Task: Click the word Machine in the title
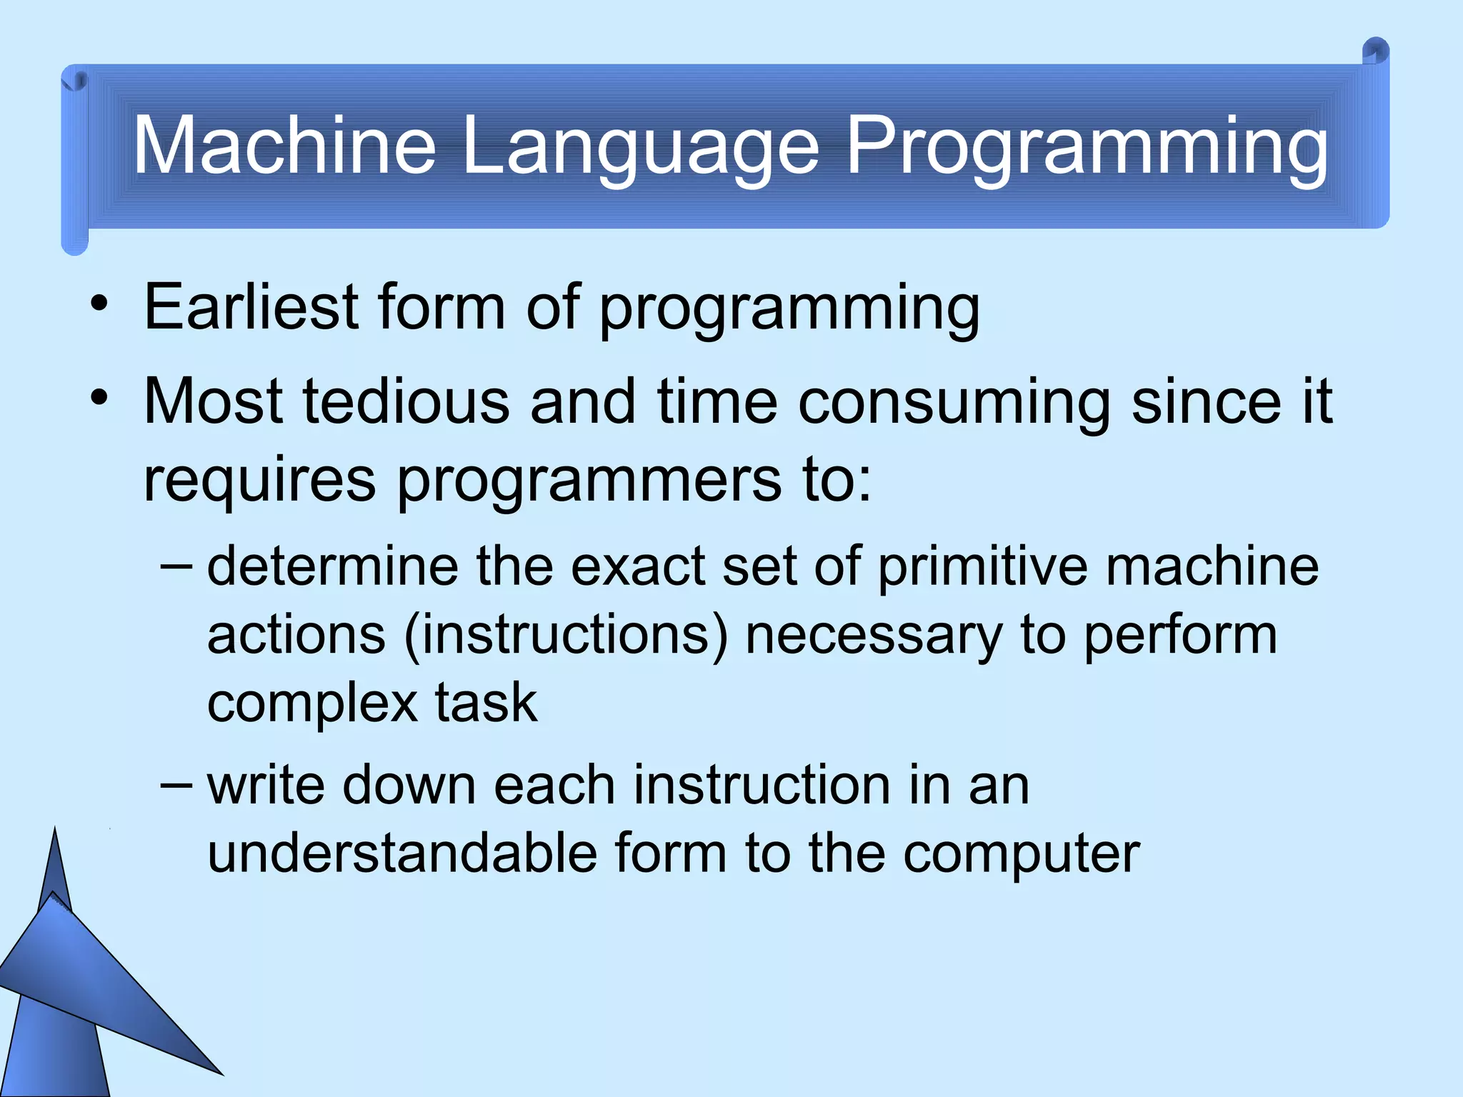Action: pos(284,146)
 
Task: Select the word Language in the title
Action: pos(640,147)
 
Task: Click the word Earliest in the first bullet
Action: pos(251,307)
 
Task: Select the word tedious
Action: pos(406,401)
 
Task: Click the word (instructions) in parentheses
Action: pos(566,635)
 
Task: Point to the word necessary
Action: pos(874,636)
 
